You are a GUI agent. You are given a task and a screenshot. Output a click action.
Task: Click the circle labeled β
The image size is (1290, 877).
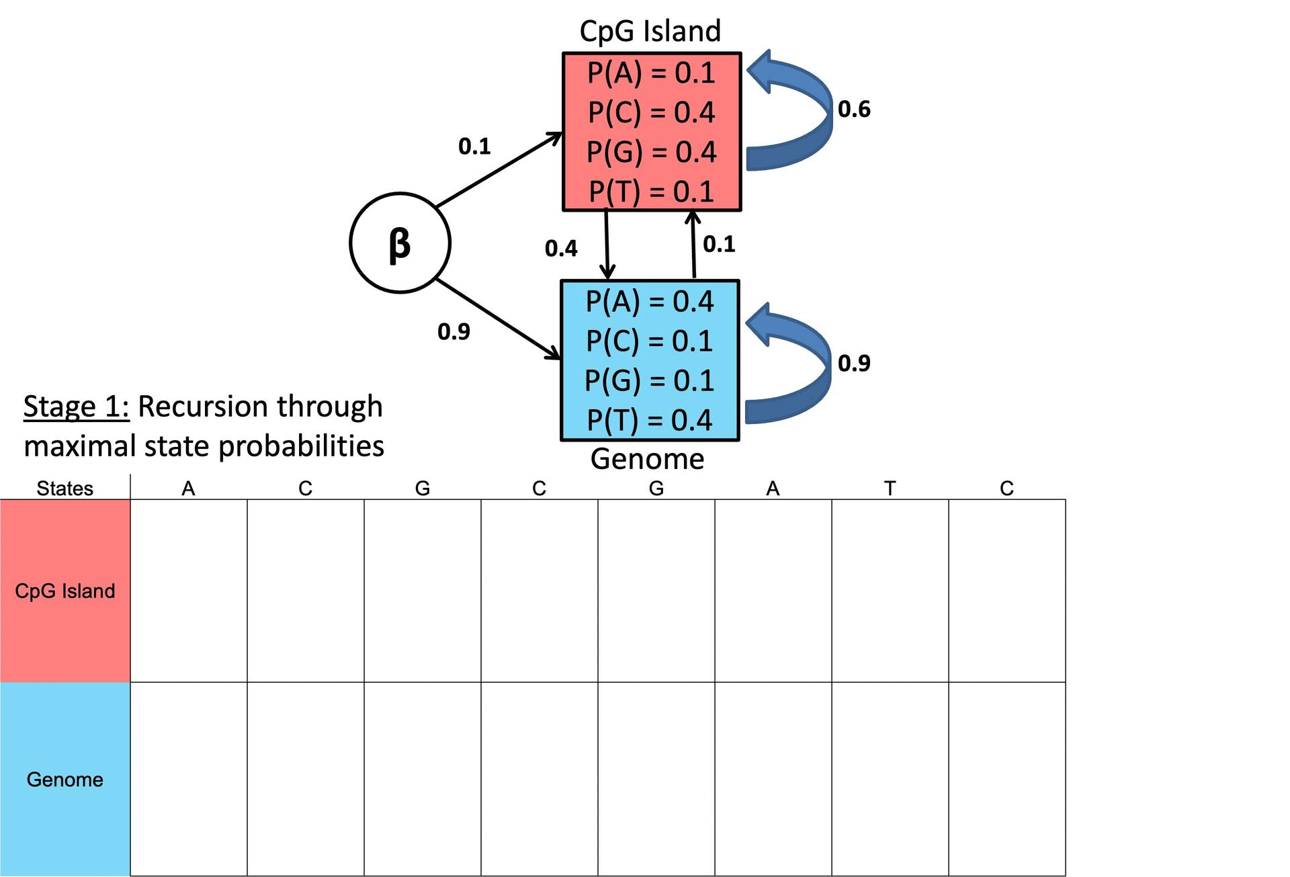point(400,243)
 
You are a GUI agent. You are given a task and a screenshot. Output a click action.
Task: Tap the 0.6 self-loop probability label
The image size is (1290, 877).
point(854,109)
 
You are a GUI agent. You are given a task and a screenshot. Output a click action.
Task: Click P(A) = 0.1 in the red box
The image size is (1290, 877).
point(651,73)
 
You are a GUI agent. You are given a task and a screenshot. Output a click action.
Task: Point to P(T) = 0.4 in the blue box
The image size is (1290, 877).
point(649,420)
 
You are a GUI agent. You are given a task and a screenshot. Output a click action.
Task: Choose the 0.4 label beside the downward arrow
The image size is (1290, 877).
point(560,249)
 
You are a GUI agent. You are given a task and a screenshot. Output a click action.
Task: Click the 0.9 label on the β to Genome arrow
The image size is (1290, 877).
point(454,331)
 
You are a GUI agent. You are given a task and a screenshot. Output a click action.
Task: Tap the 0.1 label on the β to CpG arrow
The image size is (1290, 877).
point(474,146)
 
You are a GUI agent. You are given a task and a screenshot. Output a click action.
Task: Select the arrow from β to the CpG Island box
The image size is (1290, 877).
point(499,170)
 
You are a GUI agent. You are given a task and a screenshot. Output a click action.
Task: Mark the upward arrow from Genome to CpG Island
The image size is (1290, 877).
point(693,245)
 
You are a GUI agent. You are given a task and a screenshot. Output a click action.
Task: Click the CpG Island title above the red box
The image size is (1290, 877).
point(650,31)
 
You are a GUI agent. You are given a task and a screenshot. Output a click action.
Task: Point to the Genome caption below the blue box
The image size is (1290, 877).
point(647,459)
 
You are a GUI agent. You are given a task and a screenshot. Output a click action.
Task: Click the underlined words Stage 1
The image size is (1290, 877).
point(76,407)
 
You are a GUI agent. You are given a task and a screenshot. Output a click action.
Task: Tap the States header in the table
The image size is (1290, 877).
point(64,488)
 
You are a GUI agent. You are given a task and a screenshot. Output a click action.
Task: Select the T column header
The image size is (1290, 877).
point(890,488)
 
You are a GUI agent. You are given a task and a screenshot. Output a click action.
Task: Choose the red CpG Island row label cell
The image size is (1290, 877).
point(65,591)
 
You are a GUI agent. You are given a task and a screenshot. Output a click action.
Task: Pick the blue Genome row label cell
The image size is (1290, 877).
point(65,779)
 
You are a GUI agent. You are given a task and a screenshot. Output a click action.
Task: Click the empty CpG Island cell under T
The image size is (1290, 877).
point(890,591)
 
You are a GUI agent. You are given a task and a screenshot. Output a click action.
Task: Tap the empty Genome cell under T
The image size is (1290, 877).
point(890,779)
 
